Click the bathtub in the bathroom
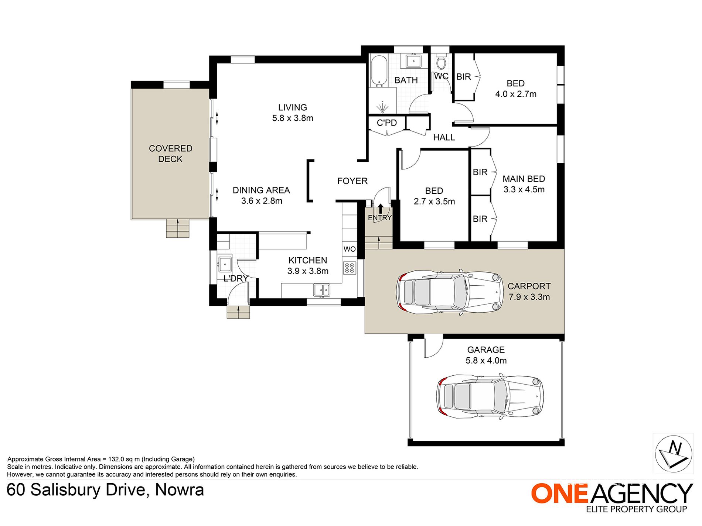click(x=378, y=71)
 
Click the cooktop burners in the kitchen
click(x=350, y=268)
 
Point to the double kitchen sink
click(x=322, y=290)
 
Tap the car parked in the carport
click(x=449, y=292)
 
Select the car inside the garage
click(x=490, y=396)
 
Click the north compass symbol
click(x=674, y=454)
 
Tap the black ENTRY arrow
click(x=380, y=208)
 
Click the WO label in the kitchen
click(x=350, y=249)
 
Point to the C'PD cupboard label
click(x=387, y=123)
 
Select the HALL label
click(x=444, y=137)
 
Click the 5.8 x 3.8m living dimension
click(x=293, y=118)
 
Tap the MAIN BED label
click(x=524, y=179)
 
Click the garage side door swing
click(x=433, y=347)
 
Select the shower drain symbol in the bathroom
click(x=382, y=107)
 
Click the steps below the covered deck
click(x=178, y=228)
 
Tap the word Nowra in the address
click(x=180, y=490)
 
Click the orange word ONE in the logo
click(x=559, y=493)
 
